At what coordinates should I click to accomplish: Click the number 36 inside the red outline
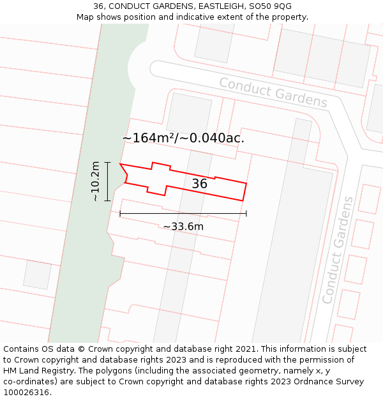pyautogui.click(x=200, y=184)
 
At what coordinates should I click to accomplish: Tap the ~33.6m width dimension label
pyautogui.click(x=183, y=227)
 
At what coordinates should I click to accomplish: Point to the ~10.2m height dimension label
pyautogui.click(x=95, y=181)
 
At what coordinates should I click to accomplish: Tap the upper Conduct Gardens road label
pyautogui.click(x=273, y=93)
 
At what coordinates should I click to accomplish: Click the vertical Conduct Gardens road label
pyautogui.click(x=338, y=250)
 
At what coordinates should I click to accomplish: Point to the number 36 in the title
pyautogui.click(x=98, y=6)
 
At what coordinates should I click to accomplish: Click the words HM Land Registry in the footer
pyautogui.click(x=36, y=371)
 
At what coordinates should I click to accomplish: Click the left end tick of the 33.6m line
pyautogui.click(x=120, y=213)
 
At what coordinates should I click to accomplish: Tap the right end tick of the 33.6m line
pyautogui.click(x=246, y=213)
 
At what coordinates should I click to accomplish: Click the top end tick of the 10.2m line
pyautogui.click(x=107, y=163)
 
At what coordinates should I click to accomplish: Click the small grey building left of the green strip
pyautogui.click(x=37, y=275)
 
